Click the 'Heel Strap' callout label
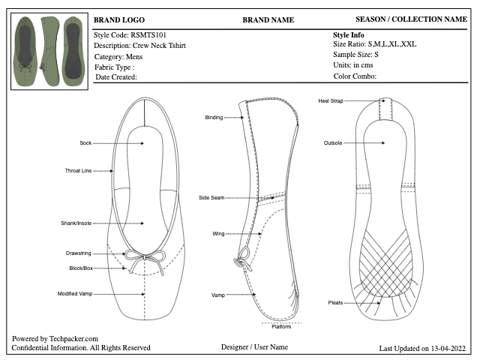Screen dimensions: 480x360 pyautogui.click(x=331, y=101)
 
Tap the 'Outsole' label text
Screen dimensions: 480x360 pyautogui.click(x=333, y=143)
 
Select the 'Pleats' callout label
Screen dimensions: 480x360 pyautogui.click(x=335, y=303)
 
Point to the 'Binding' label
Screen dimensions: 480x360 pyautogui.click(x=214, y=118)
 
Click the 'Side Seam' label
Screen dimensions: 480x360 pyautogui.click(x=211, y=198)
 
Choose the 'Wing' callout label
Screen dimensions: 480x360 pyautogui.click(x=218, y=234)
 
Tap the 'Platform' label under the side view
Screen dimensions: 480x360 pyautogui.click(x=281, y=327)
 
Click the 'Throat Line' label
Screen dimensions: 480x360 pyautogui.click(x=78, y=171)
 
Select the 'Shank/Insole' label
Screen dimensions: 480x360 pyautogui.click(x=76, y=223)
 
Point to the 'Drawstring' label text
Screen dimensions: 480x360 pyautogui.click(x=78, y=253)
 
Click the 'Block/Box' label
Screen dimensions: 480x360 pyautogui.click(x=81, y=268)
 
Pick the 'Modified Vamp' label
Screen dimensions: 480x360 pyautogui.click(x=75, y=294)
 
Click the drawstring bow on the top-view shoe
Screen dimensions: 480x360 pyautogui.click(x=145, y=259)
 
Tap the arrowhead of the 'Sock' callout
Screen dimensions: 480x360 pyautogui.click(x=142, y=143)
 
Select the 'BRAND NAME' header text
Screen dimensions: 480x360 pyautogui.click(x=268, y=20)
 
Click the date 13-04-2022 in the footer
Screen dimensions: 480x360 pyautogui.click(x=448, y=348)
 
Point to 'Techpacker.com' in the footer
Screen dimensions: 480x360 pyautogui.click(x=73, y=339)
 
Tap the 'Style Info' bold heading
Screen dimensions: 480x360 pyautogui.click(x=348, y=35)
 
